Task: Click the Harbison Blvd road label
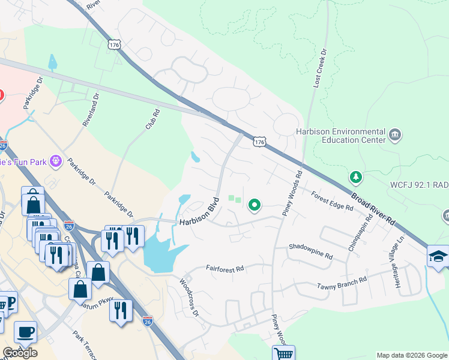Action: coord(199,212)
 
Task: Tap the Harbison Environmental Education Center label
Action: coord(340,136)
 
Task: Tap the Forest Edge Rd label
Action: coord(332,200)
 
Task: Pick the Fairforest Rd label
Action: coord(225,269)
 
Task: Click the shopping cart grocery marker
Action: coord(283,353)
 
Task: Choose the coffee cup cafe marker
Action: coord(25,331)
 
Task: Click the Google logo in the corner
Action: coord(20,352)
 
